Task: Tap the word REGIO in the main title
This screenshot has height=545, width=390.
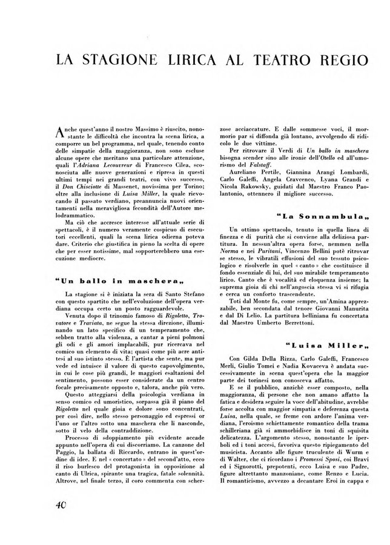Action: (x=335, y=62)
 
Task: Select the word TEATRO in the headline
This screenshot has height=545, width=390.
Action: (x=265, y=62)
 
